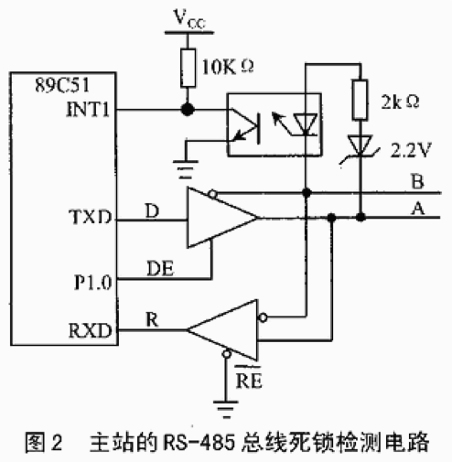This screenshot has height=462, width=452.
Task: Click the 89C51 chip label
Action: point(62,85)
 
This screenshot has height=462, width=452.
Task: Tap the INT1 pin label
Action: point(88,109)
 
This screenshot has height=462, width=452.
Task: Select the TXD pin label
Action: point(91,217)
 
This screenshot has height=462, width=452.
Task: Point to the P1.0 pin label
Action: point(93,283)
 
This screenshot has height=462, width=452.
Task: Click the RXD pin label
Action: point(91,330)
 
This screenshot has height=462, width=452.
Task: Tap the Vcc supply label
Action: point(189,19)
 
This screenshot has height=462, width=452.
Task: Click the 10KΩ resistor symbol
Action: point(188,68)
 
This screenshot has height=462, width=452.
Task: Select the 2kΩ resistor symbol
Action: point(360,100)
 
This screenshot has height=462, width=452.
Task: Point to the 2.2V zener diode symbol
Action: point(361,147)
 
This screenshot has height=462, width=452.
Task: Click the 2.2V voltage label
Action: point(411,150)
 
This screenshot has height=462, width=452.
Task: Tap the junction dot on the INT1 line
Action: point(188,109)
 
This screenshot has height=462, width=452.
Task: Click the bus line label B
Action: point(417,181)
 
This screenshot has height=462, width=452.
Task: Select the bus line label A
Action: point(418,209)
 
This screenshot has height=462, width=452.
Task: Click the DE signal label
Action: point(160,268)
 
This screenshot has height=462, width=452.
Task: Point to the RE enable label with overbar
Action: point(249,378)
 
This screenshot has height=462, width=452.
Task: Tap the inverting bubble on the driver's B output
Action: point(212,194)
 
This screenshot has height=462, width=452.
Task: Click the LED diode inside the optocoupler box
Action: point(306,124)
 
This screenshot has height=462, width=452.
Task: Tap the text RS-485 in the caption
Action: point(199,442)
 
